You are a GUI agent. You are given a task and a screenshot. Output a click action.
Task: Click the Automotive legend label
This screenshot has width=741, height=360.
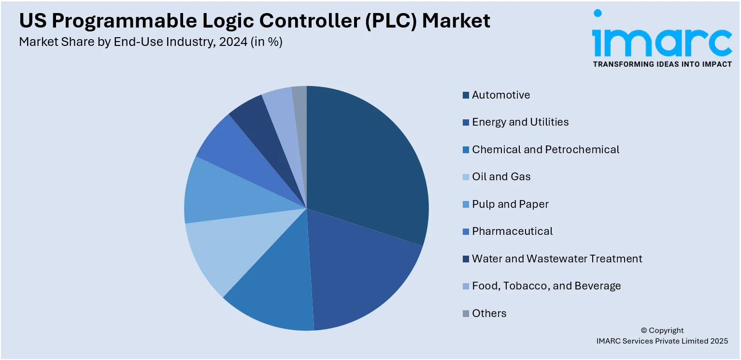coord(501,95)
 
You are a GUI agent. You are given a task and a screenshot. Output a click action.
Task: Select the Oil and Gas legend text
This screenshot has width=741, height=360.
coord(501,177)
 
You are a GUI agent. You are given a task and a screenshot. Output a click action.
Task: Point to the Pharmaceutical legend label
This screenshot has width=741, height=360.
coord(512,231)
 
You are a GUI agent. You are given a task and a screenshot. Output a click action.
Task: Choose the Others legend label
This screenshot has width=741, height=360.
coord(489,313)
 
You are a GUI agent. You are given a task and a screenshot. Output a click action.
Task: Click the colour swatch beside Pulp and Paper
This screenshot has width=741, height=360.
coord(466,204)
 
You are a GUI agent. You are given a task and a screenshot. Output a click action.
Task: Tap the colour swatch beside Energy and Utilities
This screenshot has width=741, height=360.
coord(466,122)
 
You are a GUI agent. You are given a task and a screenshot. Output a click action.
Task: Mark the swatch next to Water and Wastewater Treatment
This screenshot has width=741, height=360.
coord(466,259)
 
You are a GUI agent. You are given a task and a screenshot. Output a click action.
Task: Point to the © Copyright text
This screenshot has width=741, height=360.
coord(662,331)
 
